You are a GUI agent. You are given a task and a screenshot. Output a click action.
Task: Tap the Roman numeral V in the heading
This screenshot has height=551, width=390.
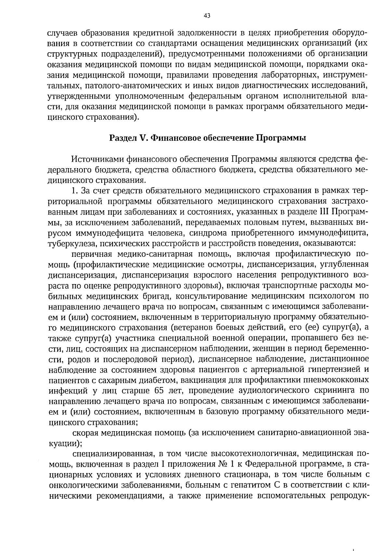tap(141, 138)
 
